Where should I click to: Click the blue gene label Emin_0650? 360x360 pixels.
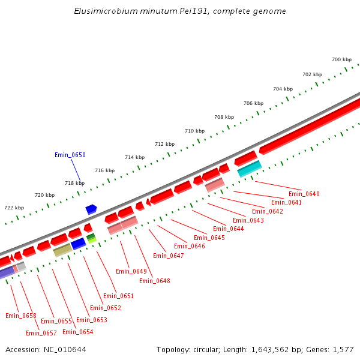coord(70,155)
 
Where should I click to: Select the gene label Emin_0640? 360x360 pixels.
coord(304,194)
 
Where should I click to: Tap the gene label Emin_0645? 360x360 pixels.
coord(210,238)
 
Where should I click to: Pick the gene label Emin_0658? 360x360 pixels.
coord(21,316)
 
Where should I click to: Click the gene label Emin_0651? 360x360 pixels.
coord(118,296)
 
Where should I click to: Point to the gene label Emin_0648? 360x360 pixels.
coord(155,281)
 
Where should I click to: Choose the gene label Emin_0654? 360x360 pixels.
coord(77,332)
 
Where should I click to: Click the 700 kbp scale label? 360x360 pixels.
coord(341,59)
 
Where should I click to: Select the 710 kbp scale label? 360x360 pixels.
coord(194,131)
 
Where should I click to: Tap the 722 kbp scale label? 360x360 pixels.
coord(14,208)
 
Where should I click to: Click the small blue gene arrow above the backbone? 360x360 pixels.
coord(91,209)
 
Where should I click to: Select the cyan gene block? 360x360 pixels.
coord(250,169)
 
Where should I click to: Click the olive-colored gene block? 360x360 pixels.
coord(62,250)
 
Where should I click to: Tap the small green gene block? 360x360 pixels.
coord(91,238)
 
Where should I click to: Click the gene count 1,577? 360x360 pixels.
coord(342,349)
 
